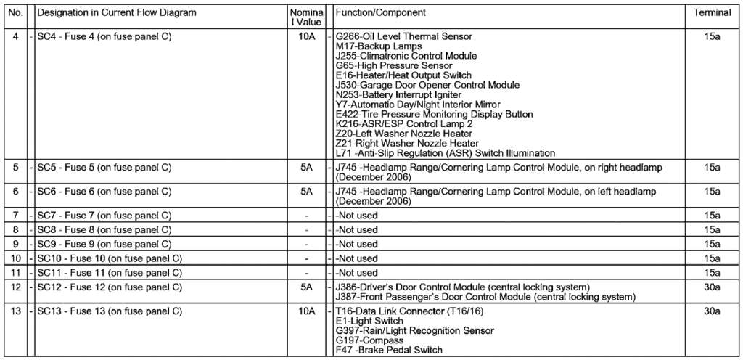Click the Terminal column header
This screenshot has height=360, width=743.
click(711, 13)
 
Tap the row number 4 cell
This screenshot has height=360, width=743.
click(15, 36)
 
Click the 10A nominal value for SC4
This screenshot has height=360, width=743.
click(305, 36)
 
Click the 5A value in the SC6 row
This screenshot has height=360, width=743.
click(305, 192)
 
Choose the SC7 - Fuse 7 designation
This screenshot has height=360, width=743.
click(104, 216)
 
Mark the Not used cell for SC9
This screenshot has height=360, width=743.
click(357, 245)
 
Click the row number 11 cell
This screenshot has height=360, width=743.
click(15, 273)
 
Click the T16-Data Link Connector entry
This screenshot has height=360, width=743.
click(399, 312)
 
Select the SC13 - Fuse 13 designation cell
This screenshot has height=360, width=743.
click(108, 312)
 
